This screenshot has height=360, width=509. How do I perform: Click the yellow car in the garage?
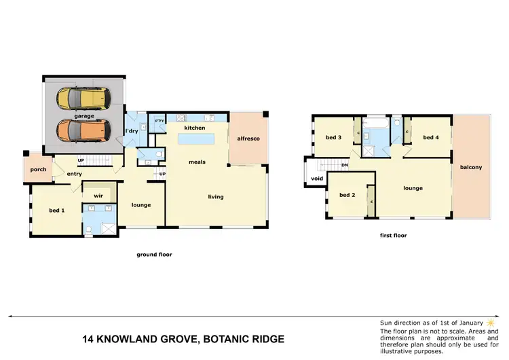83,99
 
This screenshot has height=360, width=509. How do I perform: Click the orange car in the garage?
83,128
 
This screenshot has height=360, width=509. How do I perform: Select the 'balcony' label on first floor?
470,167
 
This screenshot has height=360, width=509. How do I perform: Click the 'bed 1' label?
57,210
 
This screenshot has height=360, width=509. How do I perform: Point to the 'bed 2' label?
347,195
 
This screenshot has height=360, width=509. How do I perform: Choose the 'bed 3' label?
333,138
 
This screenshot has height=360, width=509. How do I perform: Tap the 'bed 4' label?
430,138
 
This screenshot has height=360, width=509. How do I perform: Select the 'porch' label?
38,170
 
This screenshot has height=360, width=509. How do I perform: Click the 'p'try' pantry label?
159,121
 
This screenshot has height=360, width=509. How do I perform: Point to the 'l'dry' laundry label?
132,130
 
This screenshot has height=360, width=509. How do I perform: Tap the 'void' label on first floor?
316,179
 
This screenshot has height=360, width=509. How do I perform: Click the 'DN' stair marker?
344,165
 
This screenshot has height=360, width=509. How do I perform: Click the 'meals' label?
197,162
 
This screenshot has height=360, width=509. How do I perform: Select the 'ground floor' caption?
154,255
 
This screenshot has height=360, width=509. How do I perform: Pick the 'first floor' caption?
393,235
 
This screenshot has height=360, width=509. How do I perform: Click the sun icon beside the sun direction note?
489,321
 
